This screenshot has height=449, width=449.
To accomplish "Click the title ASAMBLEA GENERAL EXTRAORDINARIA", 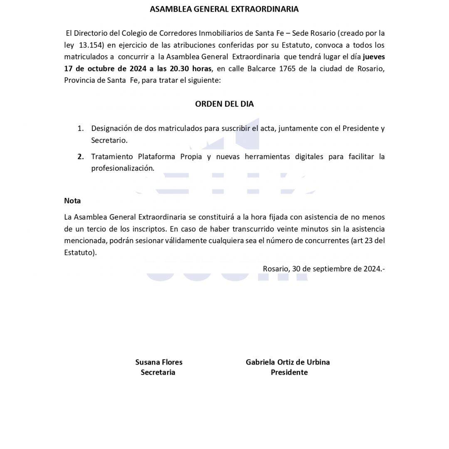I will (x=224, y=9).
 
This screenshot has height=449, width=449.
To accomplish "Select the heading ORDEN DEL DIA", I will (x=224, y=104).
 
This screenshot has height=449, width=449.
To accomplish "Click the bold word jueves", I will (x=373, y=57).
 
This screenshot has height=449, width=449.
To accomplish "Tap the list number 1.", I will (x=81, y=128).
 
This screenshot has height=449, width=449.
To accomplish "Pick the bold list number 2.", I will (x=81, y=157).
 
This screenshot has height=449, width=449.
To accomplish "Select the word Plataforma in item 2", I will (x=155, y=157).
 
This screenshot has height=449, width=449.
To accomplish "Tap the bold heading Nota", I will (x=72, y=201).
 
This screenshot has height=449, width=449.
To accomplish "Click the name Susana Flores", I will (x=158, y=362).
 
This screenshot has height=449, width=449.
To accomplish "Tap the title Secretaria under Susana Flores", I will (x=158, y=373).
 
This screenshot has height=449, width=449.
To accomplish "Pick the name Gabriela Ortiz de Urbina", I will (x=288, y=362).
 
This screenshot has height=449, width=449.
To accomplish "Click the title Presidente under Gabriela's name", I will (x=289, y=373).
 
